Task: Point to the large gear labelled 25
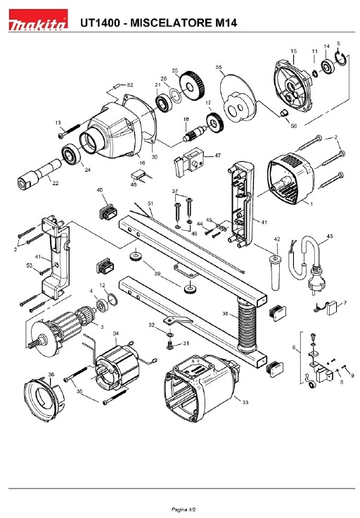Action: (x=191, y=87)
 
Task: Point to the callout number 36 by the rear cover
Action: (x=51, y=374)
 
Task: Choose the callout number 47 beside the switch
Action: (x=217, y=155)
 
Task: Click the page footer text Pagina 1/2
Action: (x=179, y=509)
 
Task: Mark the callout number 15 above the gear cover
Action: (x=294, y=51)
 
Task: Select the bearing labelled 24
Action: (x=70, y=154)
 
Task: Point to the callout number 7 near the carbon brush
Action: (x=344, y=303)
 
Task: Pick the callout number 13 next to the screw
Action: (x=58, y=122)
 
